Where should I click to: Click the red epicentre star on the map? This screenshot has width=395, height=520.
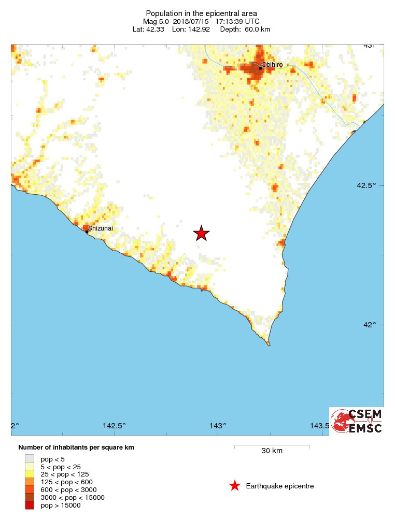tap(201, 234)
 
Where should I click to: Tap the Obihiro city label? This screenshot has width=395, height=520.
tap(271, 64)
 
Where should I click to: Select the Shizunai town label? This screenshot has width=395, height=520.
tap(101, 228)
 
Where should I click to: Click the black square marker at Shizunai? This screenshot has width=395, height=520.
tap(87, 232)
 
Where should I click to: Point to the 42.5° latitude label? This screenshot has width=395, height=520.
tap(372, 185)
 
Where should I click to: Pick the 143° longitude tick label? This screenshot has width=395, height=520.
tap(218, 426)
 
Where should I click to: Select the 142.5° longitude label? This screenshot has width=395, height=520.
tap(114, 426)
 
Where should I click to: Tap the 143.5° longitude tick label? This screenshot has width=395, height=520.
tap(319, 426)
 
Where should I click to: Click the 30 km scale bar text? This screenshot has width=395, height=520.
tap(272, 451)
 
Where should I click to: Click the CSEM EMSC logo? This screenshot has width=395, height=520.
tap(357, 421)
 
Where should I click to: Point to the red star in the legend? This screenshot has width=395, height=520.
tap(235, 486)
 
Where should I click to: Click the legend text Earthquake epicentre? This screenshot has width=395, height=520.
tap(280, 486)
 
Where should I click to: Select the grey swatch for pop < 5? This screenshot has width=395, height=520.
tap(30, 458)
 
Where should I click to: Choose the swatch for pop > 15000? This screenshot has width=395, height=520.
tap(30, 505)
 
